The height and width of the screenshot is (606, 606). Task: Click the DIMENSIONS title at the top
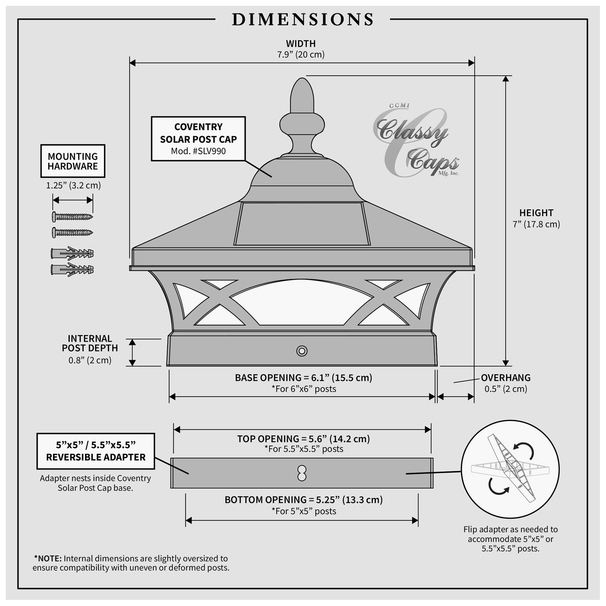click(303, 19)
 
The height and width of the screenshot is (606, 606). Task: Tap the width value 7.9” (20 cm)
click(301, 55)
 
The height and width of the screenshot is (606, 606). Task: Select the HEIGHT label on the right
click(536, 213)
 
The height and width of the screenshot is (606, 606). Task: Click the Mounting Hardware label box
click(73, 161)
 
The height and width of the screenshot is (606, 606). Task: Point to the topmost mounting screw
click(72, 216)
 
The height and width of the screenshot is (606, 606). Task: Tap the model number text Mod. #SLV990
click(198, 151)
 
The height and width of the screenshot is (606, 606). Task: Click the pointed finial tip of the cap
click(302, 78)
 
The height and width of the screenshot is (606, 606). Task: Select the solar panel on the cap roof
click(302, 223)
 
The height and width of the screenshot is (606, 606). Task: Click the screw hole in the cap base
click(302, 351)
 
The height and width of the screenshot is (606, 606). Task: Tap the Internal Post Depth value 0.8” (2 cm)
click(90, 360)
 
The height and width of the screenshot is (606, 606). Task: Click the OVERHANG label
click(506, 378)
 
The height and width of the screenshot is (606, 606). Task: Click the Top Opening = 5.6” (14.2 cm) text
click(303, 439)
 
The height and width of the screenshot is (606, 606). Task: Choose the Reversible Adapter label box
click(96, 451)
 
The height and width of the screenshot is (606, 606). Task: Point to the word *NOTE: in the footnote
click(48, 558)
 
